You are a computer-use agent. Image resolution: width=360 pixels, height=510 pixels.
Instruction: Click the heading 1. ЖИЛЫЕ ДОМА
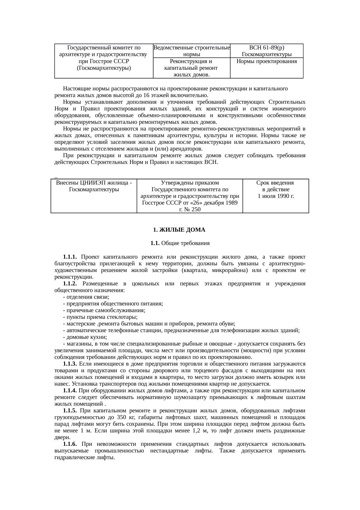click(x=179, y=230)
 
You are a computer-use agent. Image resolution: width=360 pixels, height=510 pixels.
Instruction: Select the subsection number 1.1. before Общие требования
click(x=154, y=243)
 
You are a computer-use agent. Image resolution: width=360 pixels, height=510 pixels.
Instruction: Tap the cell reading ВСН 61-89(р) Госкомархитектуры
click(x=267, y=51)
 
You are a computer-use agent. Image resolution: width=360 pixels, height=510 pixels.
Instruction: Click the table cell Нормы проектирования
click(x=267, y=62)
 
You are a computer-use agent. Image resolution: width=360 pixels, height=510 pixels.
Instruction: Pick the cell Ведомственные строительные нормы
click(x=192, y=51)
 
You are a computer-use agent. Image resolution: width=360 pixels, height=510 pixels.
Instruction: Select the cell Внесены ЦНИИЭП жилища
click(x=94, y=186)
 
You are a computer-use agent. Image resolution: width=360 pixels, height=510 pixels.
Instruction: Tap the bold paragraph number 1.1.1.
click(x=70, y=257)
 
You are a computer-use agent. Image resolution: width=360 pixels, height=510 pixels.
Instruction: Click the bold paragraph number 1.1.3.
click(x=70, y=364)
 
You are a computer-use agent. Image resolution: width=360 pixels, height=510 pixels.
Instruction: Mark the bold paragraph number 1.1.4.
click(x=70, y=391)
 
